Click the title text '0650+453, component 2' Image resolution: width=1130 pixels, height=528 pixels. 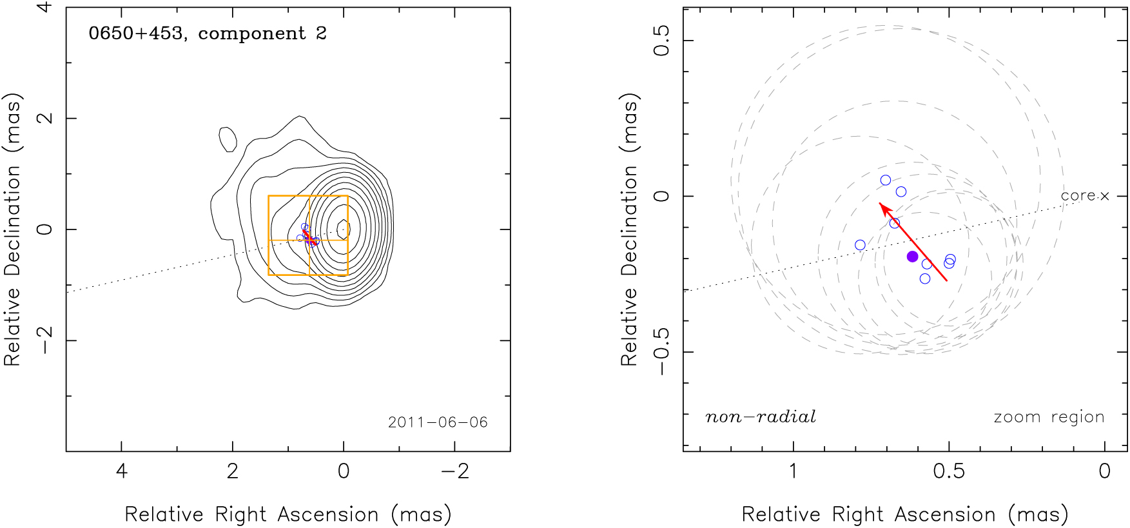pos(208,34)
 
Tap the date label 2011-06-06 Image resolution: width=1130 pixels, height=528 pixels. pos(438,422)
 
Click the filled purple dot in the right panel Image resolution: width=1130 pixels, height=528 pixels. pos(912,257)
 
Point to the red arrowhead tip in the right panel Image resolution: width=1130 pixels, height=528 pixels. pos(880,204)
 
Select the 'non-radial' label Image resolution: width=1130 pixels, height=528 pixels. pos(761,417)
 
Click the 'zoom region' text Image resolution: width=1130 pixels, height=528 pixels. pos(1049,417)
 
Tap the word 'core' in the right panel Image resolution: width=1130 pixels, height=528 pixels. pos(1078,195)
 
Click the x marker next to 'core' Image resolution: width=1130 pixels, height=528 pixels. pos(1105,196)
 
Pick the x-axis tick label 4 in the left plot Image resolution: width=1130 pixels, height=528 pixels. pos(121,471)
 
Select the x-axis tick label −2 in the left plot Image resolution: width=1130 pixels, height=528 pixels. pos(454,471)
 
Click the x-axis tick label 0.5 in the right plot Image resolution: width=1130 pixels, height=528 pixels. pos(949,471)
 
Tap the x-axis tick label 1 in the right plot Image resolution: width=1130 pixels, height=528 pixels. pos(793,471)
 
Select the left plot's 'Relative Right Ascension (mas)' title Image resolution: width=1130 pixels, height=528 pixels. pos(288,514)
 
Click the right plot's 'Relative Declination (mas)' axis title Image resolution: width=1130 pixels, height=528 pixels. pos(629,230)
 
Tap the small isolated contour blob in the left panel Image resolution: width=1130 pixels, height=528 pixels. pos(228,139)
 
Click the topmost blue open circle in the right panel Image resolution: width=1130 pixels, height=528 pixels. pos(886,181)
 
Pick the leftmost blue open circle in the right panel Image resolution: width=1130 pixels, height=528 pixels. pos(860,245)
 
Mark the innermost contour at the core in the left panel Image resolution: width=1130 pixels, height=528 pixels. pos(344,228)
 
